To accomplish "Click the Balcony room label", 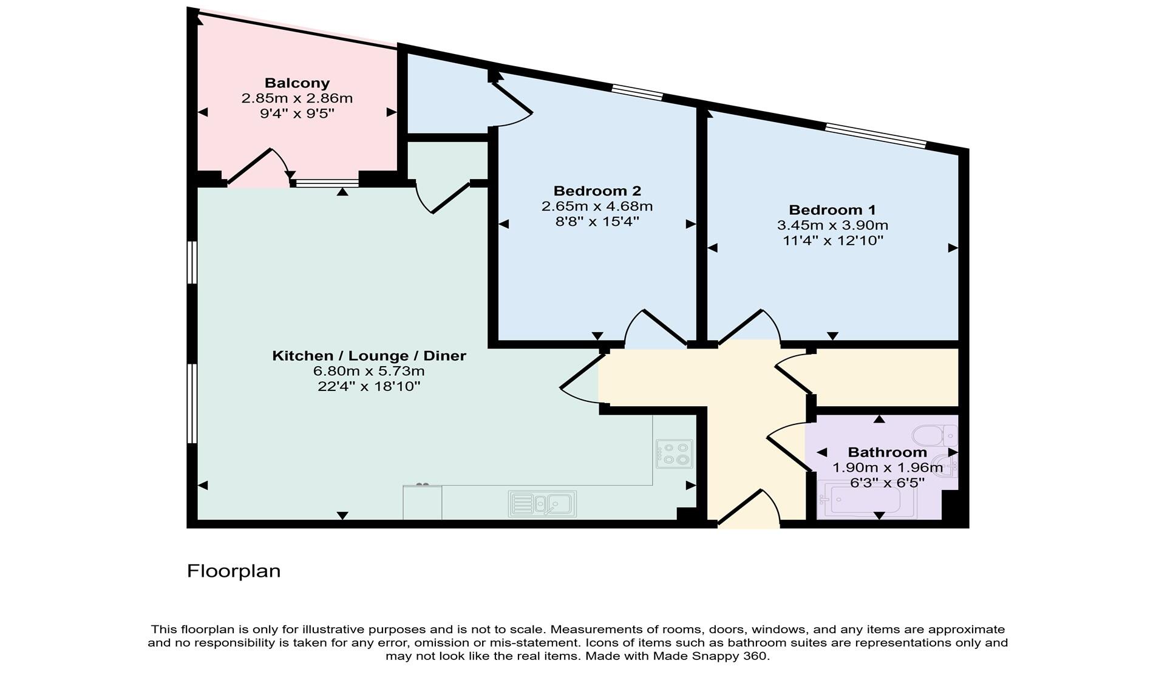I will point(297,83).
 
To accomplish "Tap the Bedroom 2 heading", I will point(597,191).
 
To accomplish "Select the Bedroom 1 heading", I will point(832,210).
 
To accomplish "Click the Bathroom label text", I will point(887,452).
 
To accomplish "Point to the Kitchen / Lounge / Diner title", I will point(369,356).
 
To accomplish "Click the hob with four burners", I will point(674,453).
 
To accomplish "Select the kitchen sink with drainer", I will point(542,503).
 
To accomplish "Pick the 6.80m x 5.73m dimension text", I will point(369,371).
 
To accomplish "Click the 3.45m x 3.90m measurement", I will point(832,225).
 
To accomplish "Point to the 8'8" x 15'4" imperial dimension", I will point(597,222).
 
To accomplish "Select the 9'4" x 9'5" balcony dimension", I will point(297,114).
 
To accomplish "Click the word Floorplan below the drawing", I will point(234,571).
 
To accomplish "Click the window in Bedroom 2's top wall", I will point(637,93).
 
